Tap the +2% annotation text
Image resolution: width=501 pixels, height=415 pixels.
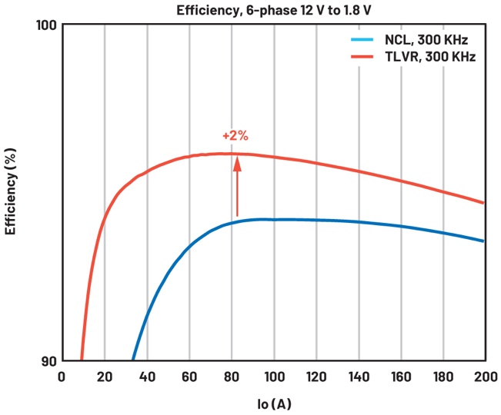(235, 136)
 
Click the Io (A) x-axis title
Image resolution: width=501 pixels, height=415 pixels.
(273, 403)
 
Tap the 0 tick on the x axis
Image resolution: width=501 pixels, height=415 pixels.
(62, 377)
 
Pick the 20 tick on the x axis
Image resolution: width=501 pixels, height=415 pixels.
(104, 377)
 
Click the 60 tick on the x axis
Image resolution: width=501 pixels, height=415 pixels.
(189, 377)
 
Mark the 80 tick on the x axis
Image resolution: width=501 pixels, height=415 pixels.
(231, 377)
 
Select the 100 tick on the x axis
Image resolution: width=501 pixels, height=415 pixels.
(273, 377)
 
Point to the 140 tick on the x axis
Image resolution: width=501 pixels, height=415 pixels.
(358, 377)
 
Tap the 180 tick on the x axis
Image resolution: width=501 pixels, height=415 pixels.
(443, 377)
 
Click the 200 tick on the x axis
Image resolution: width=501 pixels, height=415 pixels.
(484, 377)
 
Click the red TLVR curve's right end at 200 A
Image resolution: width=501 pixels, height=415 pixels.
(483, 203)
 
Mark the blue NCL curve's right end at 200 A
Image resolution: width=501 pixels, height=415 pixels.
(483, 241)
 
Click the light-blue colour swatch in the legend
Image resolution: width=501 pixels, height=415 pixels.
(362, 40)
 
